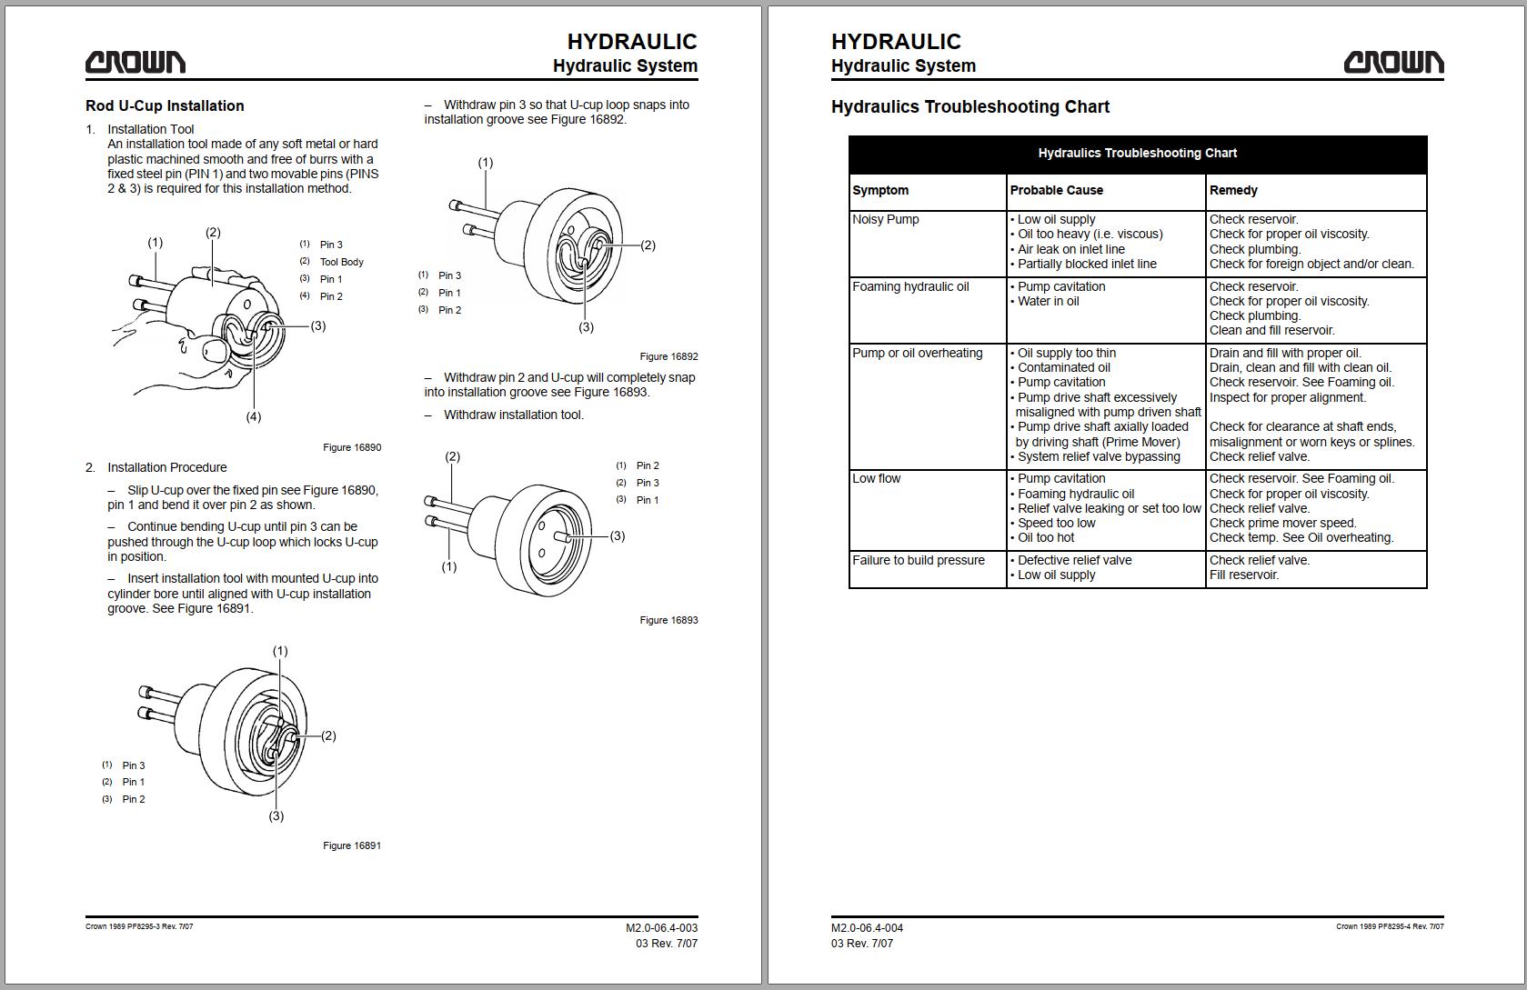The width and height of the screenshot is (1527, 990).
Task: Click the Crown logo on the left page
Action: point(135,63)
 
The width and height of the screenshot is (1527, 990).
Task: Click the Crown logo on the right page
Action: point(1393,63)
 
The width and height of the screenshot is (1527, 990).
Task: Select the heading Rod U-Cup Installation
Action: point(165,105)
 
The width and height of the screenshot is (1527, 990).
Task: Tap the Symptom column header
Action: point(880,190)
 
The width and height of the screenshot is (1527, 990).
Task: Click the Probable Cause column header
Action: point(1056,190)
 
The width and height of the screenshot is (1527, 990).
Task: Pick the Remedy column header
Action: point(1233,190)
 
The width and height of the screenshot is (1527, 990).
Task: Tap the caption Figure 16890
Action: point(352,447)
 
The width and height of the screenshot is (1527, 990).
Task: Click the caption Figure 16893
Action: point(668,620)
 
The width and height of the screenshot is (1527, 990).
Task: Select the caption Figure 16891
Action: point(352,845)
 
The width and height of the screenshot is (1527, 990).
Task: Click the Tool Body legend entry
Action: point(342,262)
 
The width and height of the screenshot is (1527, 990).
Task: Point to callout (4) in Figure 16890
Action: point(254,417)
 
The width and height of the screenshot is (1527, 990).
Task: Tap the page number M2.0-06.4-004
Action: point(867,928)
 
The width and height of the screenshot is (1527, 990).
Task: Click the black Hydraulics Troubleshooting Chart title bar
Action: point(1138,154)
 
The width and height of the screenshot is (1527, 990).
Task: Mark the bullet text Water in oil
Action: point(1048,301)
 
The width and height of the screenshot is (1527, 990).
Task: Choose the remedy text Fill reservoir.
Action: point(1244,575)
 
